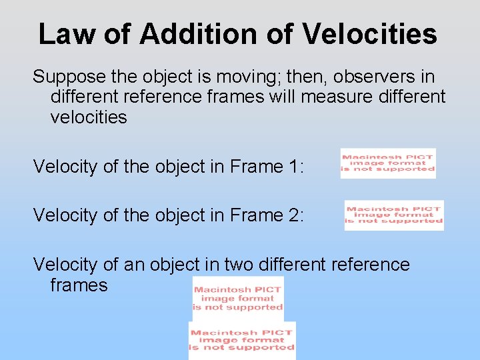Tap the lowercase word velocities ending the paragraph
pyautogui.click(x=88, y=117)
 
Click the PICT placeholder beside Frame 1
pyautogui.click(x=388, y=163)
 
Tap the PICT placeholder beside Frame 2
pyautogui.click(x=394, y=215)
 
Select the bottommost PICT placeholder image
pyautogui.click(x=242, y=341)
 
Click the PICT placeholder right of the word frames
pyautogui.click(x=238, y=298)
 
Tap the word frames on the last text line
pyautogui.click(x=79, y=285)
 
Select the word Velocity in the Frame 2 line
pyautogui.click(x=65, y=215)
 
